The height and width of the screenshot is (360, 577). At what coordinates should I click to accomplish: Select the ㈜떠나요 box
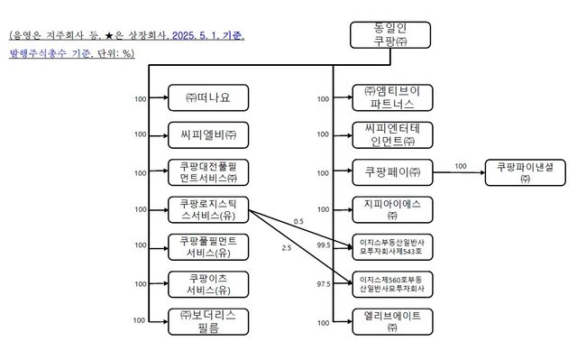(207, 97)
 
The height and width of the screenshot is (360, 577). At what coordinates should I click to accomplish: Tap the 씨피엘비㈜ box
(207, 134)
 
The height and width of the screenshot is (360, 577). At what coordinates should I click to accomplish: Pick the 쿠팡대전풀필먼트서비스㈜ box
(207, 172)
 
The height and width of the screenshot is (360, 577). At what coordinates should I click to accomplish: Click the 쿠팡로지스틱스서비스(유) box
(207, 209)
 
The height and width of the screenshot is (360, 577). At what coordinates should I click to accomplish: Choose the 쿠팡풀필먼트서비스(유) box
(207, 246)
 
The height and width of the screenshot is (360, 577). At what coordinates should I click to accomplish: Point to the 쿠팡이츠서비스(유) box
(207, 283)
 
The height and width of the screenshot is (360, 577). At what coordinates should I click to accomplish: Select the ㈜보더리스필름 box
(207, 320)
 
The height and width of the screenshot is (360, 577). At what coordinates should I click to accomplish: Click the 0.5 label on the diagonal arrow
(298, 222)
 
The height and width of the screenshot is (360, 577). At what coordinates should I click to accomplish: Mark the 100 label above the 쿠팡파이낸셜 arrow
(461, 165)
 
